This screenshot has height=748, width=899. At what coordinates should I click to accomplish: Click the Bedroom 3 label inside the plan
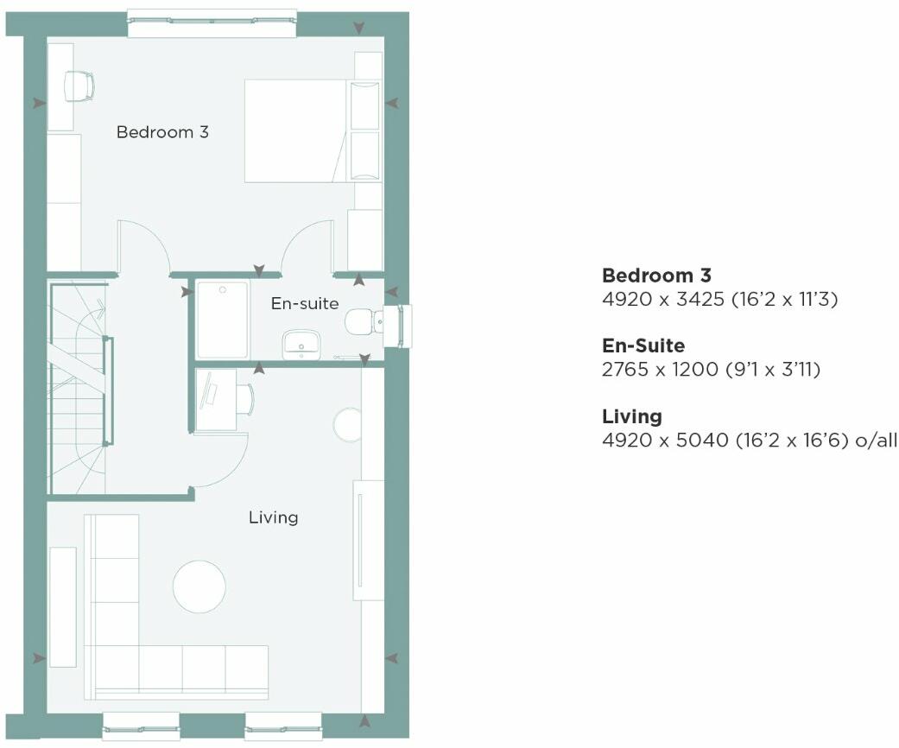click(162, 132)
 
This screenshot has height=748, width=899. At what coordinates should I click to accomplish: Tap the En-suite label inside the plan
click(304, 303)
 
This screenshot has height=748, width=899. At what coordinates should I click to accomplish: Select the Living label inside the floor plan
click(273, 517)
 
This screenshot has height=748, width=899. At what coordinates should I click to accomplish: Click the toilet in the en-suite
click(362, 323)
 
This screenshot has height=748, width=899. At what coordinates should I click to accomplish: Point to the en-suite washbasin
click(301, 345)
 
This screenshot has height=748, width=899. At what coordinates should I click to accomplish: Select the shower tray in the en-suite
click(222, 319)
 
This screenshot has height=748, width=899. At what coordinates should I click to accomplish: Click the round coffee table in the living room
click(199, 586)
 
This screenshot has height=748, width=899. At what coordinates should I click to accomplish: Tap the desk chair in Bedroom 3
click(79, 86)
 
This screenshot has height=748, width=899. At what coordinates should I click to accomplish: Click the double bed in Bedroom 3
click(298, 130)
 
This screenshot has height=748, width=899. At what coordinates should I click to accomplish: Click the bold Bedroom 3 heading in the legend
click(656, 276)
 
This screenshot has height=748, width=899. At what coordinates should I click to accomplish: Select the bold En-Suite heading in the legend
click(643, 345)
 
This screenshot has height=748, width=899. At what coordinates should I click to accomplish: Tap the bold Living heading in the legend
click(632, 416)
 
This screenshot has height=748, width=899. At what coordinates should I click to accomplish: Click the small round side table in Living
click(347, 425)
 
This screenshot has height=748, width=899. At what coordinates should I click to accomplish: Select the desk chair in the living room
click(244, 398)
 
